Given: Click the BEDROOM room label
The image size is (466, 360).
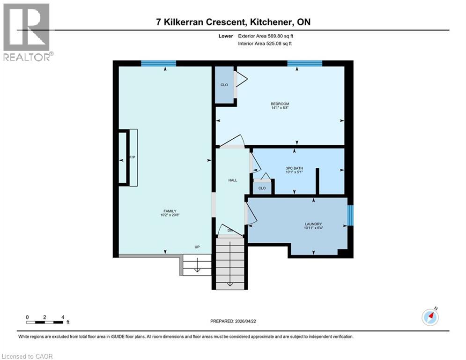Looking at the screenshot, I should click(280, 104).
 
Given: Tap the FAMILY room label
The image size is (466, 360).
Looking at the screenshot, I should click(170, 211).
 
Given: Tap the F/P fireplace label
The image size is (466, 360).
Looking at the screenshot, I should click(133, 157).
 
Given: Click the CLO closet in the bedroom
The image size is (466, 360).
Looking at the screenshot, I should click(224, 85).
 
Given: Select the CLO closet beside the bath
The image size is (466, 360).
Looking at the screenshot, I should click(262, 188).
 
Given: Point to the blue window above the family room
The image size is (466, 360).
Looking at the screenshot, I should click(158, 63).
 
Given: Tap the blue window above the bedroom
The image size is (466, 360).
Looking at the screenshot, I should click(304, 63).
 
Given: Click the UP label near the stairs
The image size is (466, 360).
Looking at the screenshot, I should click(198, 247).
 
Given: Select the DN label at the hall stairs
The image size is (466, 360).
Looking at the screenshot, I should click(230, 231).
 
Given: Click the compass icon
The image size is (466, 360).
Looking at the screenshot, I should click(430, 317).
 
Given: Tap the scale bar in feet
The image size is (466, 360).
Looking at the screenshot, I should click(45, 322).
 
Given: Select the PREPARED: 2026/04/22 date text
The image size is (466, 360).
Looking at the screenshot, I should click(233, 321).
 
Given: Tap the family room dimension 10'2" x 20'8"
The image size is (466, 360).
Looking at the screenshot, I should click(170, 216).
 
